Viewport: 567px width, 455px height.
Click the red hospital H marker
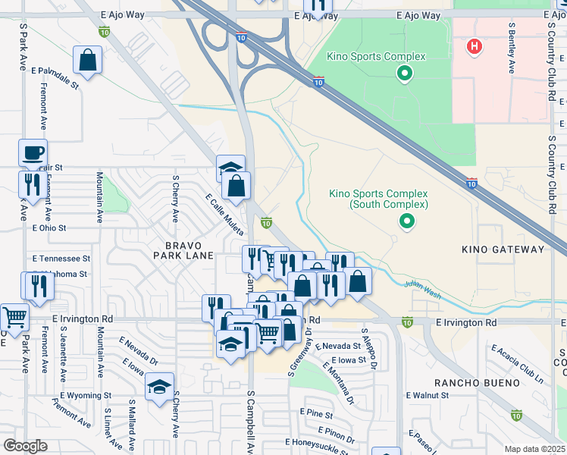(x=475, y=47)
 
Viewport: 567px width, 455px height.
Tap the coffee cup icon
(x=33, y=152)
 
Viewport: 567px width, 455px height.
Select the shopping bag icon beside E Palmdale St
(x=88, y=60)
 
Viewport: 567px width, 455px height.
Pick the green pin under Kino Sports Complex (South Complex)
(x=407, y=221)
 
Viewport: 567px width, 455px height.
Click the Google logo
(x=25, y=446)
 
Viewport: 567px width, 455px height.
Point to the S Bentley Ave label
(x=512, y=49)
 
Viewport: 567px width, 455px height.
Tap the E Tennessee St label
(x=61, y=258)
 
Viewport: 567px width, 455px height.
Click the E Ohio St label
(x=49, y=227)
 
